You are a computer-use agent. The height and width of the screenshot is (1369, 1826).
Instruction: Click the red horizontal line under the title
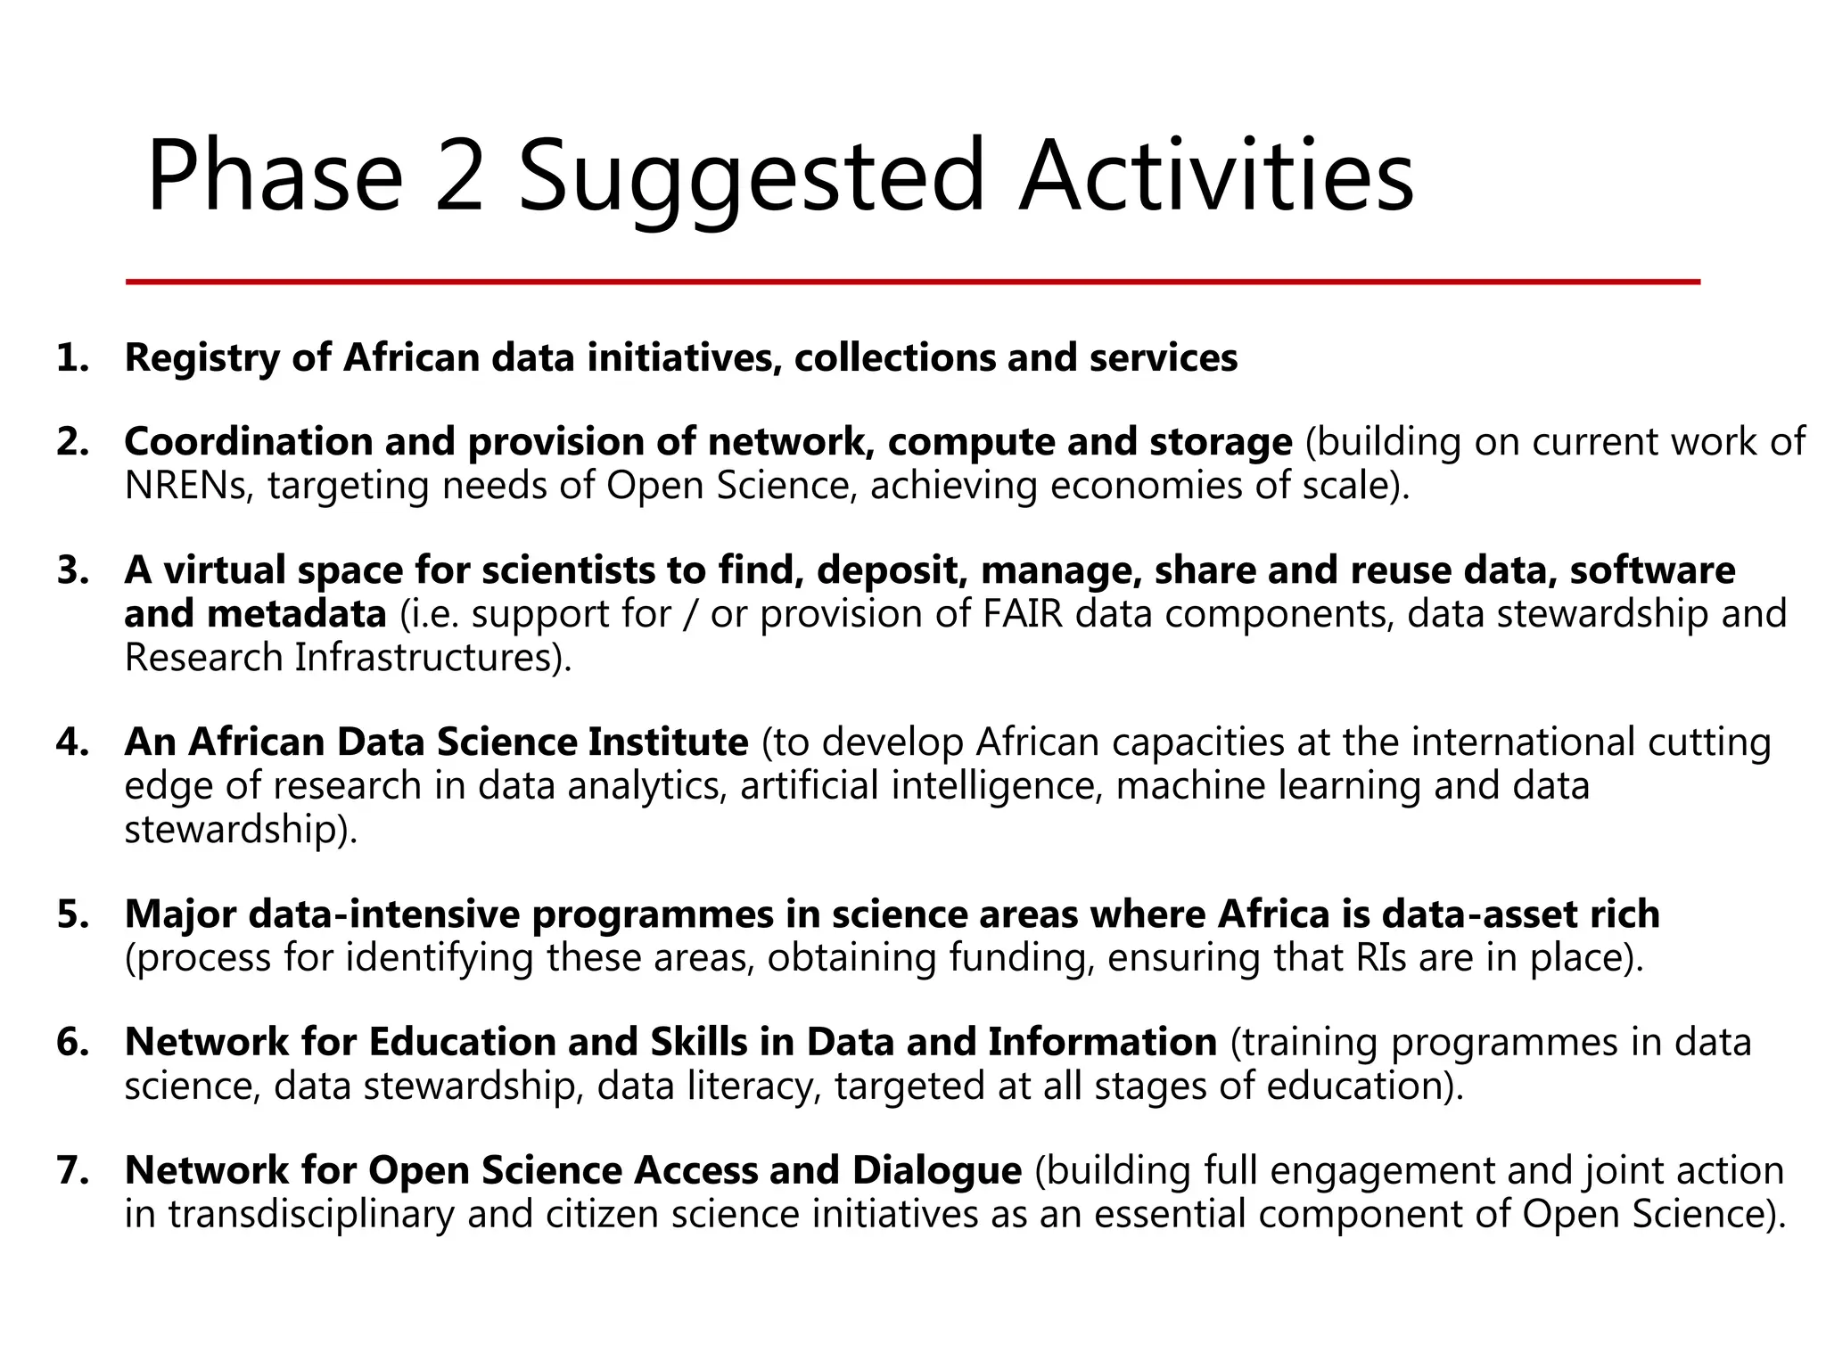(x=913, y=282)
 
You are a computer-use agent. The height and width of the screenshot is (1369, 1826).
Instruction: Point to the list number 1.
(x=72, y=358)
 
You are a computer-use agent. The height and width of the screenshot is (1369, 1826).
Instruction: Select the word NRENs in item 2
(x=189, y=487)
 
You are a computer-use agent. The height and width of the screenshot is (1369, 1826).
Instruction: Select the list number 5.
(x=72, y=915)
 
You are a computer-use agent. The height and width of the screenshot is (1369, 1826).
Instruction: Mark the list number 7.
(x=72, y=1171)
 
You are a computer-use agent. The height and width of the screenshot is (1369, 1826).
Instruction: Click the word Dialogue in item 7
(x=936, y=1171)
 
